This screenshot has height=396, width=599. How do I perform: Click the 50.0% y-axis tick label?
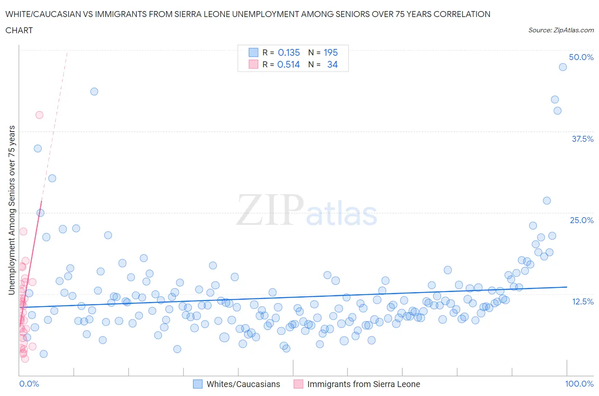click(581, 57)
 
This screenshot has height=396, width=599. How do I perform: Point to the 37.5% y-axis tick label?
click(582, 139)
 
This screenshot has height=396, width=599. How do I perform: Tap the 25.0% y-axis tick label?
click(582, 220)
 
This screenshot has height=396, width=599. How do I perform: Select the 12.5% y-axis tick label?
click(582, 301)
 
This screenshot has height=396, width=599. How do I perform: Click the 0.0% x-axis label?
click(29, 384)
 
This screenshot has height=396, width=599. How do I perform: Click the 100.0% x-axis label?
click(579, 384)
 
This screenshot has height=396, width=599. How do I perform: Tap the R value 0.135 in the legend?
click(289, 52)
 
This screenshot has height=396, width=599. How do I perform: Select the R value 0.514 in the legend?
click(288, 64)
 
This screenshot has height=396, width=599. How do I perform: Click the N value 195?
click(331, 52)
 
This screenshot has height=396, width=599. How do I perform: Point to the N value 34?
click(332, 64)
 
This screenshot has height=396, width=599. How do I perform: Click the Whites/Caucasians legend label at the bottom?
click(243, 384)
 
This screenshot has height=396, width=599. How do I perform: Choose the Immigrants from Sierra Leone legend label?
click(363, 384)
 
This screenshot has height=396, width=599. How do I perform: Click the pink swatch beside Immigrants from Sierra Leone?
click(298, 384)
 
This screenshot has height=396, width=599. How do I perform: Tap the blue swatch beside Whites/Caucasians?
click(198, 384)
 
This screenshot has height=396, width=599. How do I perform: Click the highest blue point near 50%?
click(562, 67)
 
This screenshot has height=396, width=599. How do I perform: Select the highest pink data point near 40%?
click(39, 115)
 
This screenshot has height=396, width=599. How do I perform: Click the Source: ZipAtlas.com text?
click(561, 30)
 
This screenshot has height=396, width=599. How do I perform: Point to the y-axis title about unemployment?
click(12, 210)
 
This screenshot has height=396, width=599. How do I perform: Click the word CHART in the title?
click(19, 30)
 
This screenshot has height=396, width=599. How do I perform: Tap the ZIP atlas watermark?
click(307, 211)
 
